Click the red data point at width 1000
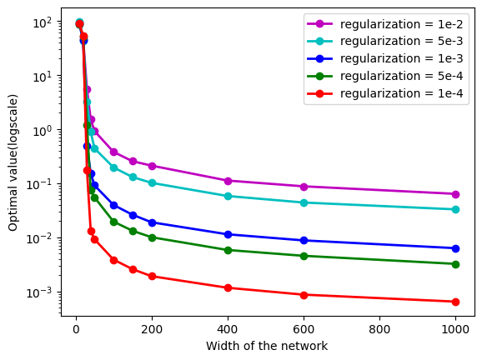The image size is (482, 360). pyautogui.click(x=455, y=302)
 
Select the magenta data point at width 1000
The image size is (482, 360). pyautogui.click(x=455, y=194)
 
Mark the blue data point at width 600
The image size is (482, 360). pyautogui.click(x=304, y=240)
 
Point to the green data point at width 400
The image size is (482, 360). pyautogui.click(x=228, y=250)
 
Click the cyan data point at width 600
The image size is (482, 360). pyautogui.click(x=304, y=202)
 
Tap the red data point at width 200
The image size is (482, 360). pyautogui.click(x=152, y=276)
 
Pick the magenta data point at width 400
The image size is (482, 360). pyautogui.click(x=228, y=181)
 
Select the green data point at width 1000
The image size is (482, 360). pyautogui.click(x=455, y=264)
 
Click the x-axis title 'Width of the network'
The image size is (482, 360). pyautogui.click(x=265, y=347)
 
